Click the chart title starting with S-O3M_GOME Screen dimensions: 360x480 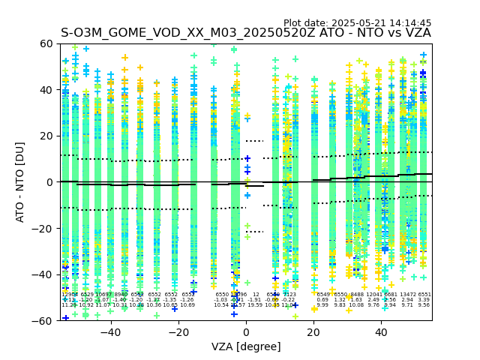tap(246, 33)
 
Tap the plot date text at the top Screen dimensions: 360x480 tap(357, 23)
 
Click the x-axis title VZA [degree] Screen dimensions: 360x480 tap(246, 346)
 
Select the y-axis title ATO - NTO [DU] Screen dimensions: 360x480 tap(21, 182)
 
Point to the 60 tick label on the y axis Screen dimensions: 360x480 tap(46, 44)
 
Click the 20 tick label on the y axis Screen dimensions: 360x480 tap(46, 136)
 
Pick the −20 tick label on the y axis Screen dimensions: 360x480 tap(43, 228)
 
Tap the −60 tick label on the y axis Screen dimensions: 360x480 tap(43, 320)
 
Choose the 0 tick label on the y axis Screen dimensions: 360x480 tap(50, 182)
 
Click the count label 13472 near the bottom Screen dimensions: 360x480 tap(407, 295)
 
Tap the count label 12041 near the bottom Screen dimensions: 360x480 tap(373, 295)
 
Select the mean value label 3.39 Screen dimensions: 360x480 tap(424, 300)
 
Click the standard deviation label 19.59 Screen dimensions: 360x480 tap(255, 305)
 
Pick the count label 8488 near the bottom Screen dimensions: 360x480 tap(356, 295)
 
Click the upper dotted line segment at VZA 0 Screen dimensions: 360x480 tap(254, 141)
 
